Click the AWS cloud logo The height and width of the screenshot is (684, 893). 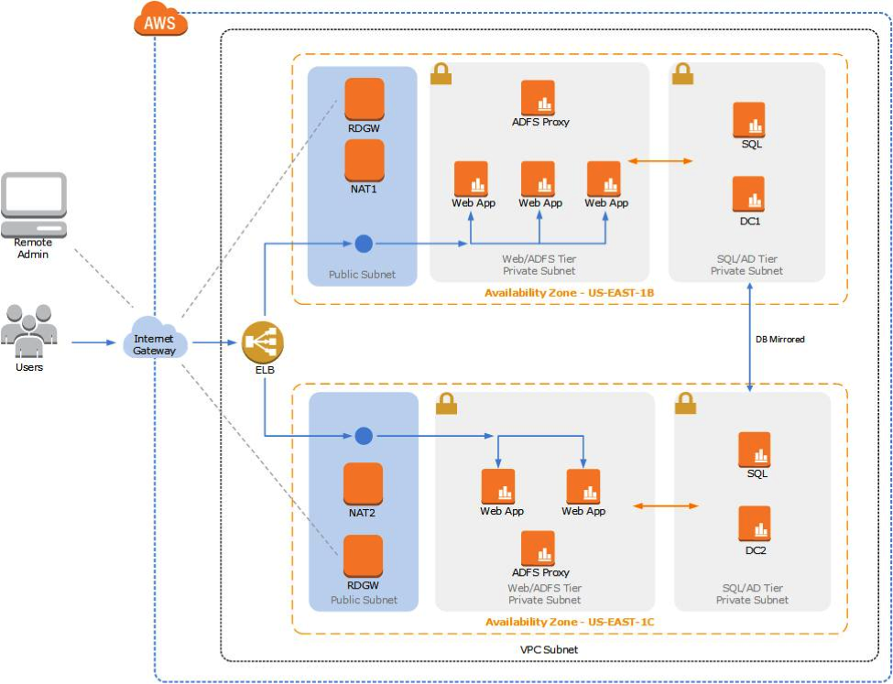159,22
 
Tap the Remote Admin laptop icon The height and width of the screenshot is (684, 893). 32,204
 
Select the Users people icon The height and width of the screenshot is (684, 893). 29,330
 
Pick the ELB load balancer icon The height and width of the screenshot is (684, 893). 263,343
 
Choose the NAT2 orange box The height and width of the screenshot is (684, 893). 363,483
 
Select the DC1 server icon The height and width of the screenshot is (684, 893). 748,193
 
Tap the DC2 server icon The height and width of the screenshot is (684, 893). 755,523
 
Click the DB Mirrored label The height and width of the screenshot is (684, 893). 779,339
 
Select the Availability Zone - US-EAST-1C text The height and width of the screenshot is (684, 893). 569,622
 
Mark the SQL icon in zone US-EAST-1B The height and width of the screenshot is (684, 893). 749,119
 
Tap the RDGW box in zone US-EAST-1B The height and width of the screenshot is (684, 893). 364,98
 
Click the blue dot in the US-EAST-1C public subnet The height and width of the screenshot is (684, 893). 364,435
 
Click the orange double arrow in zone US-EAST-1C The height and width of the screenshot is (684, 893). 665,505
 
